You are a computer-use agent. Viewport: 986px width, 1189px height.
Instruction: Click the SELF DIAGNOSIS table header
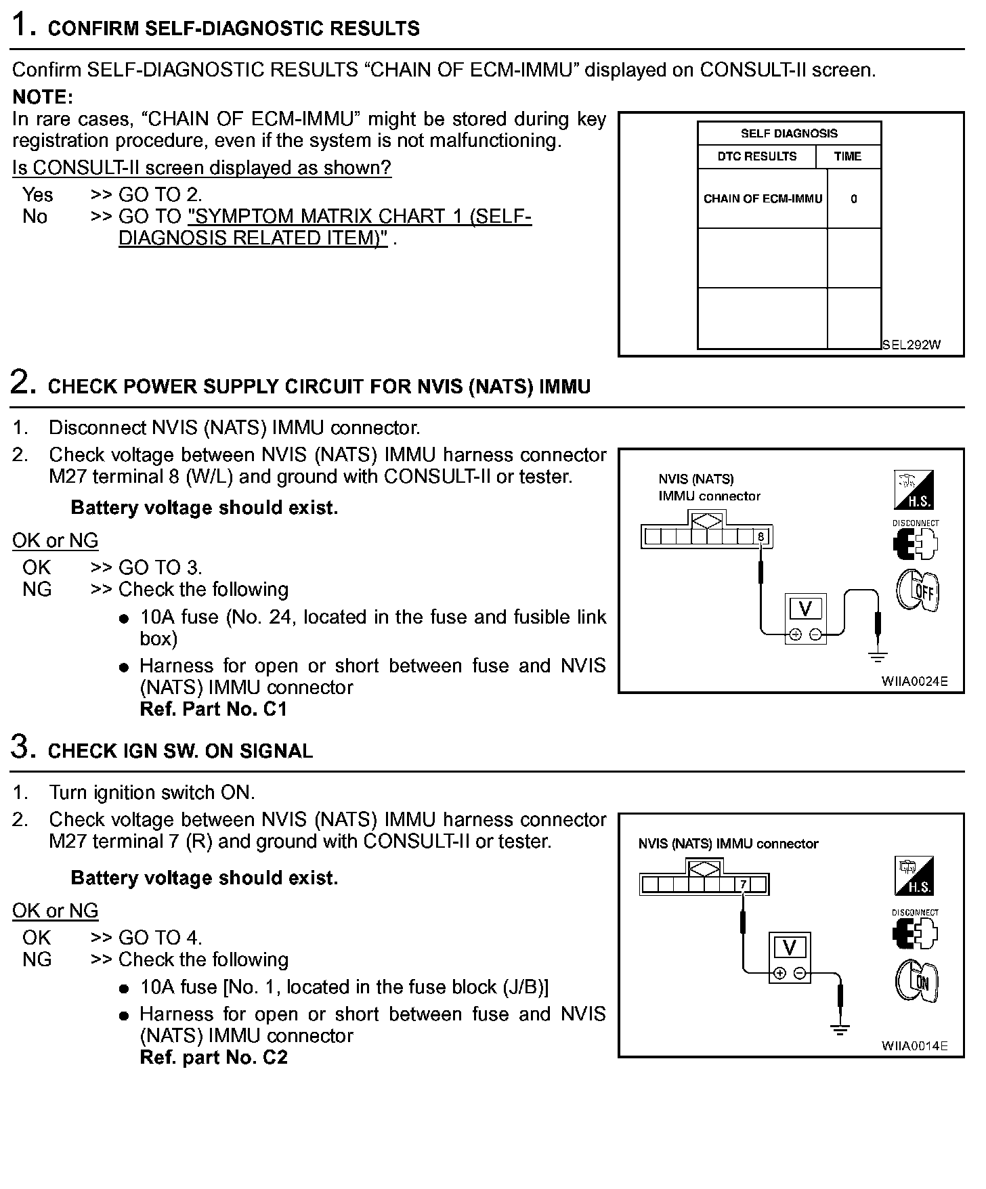[789, 133]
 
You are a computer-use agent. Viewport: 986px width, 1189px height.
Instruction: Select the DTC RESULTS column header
[757, 156]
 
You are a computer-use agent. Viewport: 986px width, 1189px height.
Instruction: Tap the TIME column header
[847, 156]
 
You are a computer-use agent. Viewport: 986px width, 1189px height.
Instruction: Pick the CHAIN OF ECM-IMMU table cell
[763, 198]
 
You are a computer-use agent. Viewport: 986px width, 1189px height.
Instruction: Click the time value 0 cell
[853, 199]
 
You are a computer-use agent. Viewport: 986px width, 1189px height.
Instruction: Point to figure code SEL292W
[912, 345]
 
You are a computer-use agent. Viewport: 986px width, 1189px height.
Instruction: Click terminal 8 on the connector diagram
[761, 538]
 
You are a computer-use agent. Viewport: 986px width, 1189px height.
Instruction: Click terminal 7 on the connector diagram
[743, 884]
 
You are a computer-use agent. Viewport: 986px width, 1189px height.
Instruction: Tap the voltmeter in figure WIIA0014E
[789, 957]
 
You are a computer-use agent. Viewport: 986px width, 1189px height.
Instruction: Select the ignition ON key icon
[916, 982]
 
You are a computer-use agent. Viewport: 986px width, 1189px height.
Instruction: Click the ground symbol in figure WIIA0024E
[878, 655]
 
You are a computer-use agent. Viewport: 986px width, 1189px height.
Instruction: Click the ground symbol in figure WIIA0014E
[840, 1030]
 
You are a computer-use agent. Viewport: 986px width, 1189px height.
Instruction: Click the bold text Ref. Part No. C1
[213, 710]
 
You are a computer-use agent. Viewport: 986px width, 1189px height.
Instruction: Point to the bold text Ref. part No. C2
[213, 1058]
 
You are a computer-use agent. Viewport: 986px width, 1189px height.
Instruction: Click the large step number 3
[22, 747]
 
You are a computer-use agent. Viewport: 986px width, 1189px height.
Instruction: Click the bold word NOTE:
[43, 98]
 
